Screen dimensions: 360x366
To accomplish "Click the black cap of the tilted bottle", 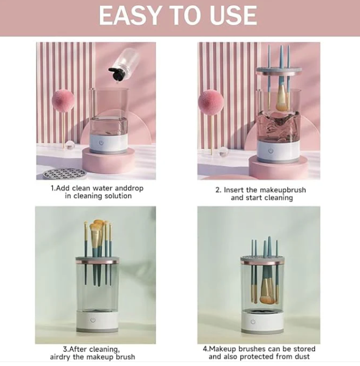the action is point(116,74).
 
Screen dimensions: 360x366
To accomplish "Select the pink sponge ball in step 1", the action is point(63,101).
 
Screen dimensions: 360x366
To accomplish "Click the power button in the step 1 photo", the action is point(101,143).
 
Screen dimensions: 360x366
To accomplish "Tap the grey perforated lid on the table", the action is point(64,174).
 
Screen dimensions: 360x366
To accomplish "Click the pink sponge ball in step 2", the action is point(211,102).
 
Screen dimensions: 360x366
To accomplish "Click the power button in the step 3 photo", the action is point(93,320).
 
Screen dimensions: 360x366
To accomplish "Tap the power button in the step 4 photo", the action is point(253,322).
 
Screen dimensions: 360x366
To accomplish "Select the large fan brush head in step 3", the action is point(96,236).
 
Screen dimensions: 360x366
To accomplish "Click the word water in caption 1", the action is point(103,188).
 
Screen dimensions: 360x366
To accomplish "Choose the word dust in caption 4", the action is point(303,356).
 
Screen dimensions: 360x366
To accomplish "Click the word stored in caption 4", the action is point(304,349).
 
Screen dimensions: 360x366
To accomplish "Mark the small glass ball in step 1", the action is point(69,145).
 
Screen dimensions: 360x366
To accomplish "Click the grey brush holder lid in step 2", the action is point(279,70).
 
